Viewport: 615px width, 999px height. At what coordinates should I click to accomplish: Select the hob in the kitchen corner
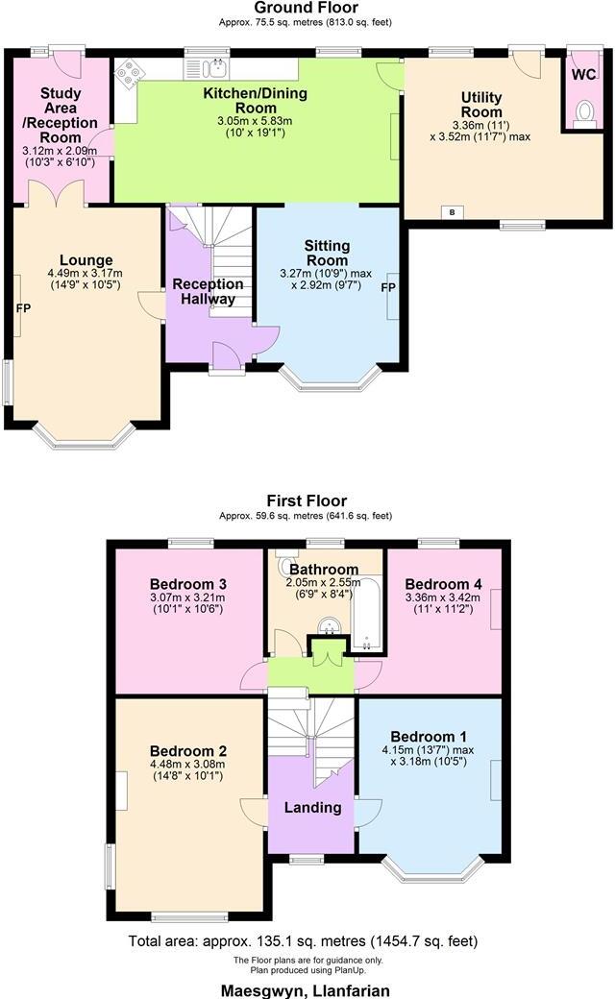(127, 70)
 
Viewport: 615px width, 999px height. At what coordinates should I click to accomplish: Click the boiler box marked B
(452, 212)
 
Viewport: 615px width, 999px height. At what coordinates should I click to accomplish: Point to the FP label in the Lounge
(21, 308)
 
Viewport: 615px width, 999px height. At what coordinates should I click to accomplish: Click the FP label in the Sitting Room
(388, 288)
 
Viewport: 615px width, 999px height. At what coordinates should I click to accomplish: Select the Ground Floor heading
(307, 8)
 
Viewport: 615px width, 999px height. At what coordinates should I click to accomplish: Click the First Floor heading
(307, 500)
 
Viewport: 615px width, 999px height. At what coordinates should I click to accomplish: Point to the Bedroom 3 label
(188, 584)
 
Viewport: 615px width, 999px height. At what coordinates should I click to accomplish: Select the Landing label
(312, 807)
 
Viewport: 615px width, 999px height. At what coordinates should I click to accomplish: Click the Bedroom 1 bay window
(432, 868)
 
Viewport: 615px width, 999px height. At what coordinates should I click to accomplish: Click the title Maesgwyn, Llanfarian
(307, 989)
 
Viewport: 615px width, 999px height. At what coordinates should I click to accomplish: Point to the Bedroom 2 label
(188, 750)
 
